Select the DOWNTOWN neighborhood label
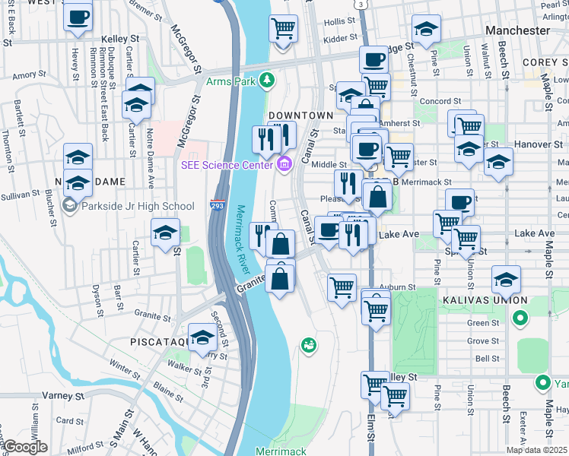(x=301, y=116)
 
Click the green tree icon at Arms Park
(x=266, y=80)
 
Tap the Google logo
(x=24, y=447)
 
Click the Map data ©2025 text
(x=536, y=450)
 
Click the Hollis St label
(x=339, y=24)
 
